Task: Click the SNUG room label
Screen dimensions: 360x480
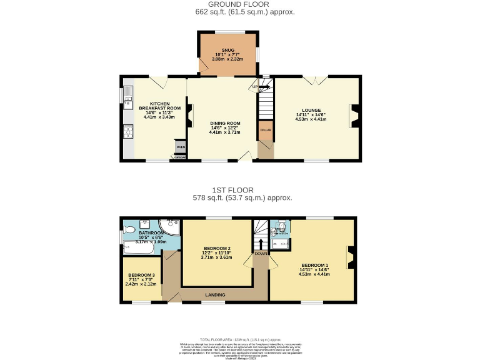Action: [227, 50]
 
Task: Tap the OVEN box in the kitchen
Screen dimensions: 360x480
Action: [180, 147]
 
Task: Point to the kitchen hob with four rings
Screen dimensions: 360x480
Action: [128, 131]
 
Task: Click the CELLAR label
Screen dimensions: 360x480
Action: [265, 131]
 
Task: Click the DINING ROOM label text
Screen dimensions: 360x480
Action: [224, 123]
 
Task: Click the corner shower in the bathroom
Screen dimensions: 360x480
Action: [169, 227]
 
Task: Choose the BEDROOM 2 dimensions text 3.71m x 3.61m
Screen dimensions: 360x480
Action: [216, 257]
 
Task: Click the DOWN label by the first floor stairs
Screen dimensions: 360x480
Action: [260, 254]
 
